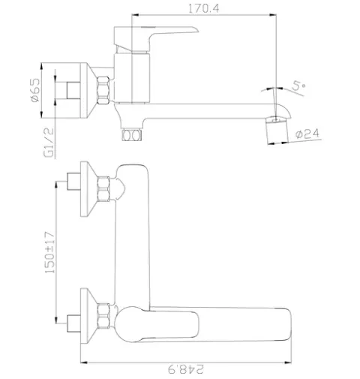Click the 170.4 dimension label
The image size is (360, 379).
click(203, 8)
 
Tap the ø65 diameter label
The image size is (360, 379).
click(35, 90)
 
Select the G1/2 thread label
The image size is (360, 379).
click(49, 143)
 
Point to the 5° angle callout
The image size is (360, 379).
click(298, 86)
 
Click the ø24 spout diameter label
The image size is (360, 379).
click(307, 134)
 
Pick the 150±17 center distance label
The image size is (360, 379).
click(49, 252)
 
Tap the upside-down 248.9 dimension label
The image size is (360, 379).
click(186, 369)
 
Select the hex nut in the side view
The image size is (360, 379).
click(103, 90)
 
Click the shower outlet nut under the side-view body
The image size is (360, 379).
click(132, 135)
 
